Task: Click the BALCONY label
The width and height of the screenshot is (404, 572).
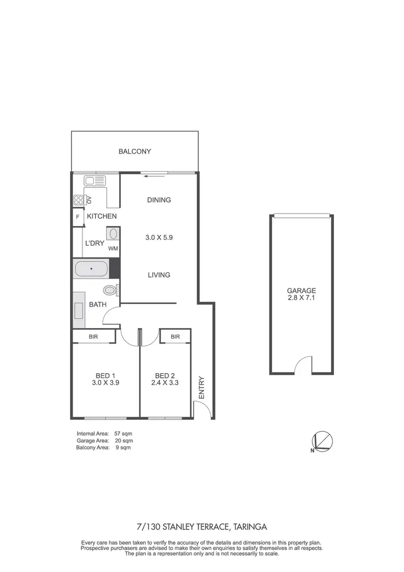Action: click(x=135, y=151)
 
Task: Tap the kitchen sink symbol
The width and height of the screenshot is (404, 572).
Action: click(x=96, y=181)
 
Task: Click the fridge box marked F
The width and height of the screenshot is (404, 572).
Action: click(x=78, y=217)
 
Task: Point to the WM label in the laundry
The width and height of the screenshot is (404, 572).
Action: click(x=113, y=249)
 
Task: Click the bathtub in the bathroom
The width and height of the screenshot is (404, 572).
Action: click(x=90, y=267)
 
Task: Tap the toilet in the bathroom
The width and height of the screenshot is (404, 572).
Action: click(x=110, y=290)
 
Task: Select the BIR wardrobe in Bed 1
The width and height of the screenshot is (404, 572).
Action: click(x=94, y=336)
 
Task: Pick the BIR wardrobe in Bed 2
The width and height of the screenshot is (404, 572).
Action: click(x=175, y=336)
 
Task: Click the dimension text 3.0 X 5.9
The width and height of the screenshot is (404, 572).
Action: click(x=158, y=237)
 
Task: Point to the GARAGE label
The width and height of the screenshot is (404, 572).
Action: click(x=302, y=290)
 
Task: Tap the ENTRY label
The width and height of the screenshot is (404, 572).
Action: click(x=202, y=388)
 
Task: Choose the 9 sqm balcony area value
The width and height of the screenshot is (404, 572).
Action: click(x=121, y=447)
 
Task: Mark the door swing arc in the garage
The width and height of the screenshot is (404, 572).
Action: click(x=303, y=365)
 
